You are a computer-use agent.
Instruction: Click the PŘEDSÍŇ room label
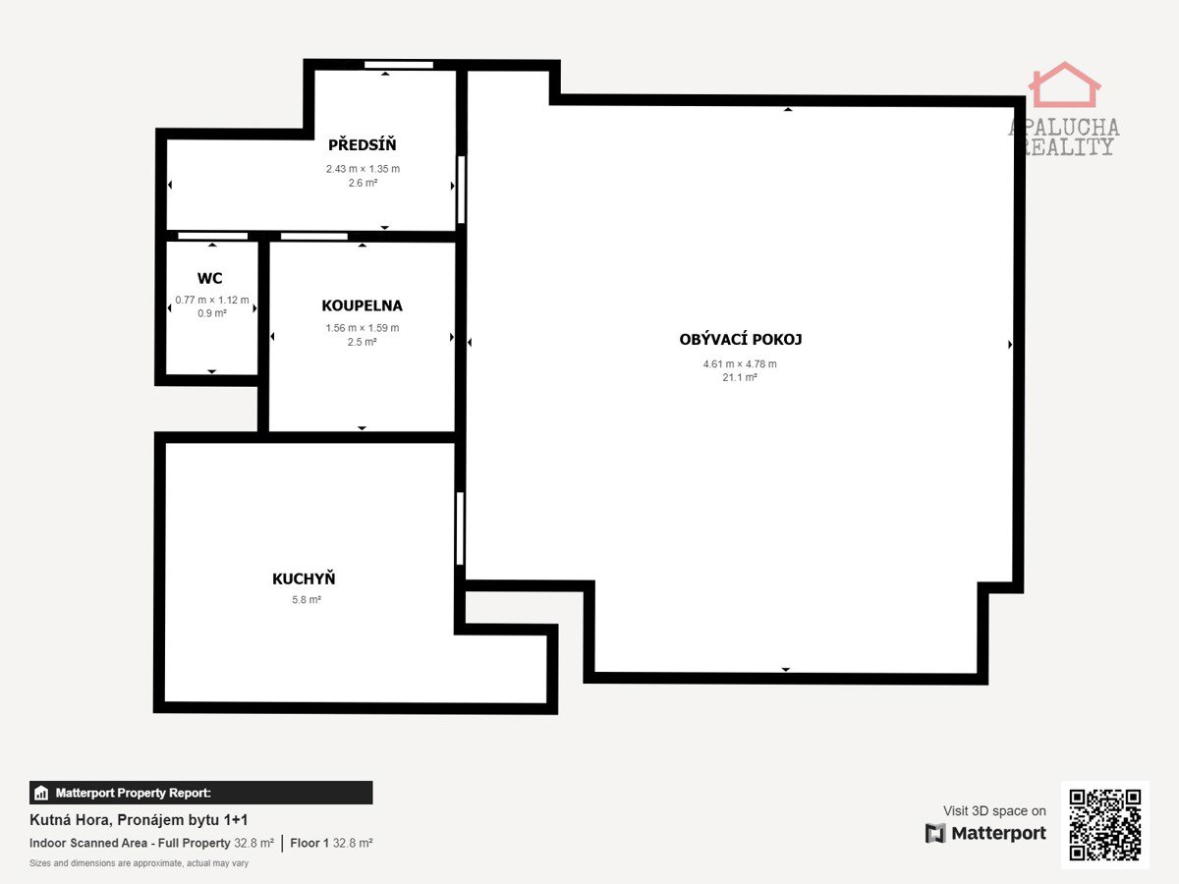[362, 144]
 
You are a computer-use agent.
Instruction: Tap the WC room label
[209, 278]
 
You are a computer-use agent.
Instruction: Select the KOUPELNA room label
[362, 305]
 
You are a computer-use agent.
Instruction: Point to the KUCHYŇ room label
[304, 579]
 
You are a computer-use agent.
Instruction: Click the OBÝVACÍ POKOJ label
[740, 339]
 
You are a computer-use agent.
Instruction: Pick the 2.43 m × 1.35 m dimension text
[363, 169]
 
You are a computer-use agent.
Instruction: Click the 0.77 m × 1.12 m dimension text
[212, 300]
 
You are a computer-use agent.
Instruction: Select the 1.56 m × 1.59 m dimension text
[362, 328]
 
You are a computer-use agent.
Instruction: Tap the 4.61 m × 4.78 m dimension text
[740, 363]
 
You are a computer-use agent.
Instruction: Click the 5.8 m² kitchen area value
[307, 599]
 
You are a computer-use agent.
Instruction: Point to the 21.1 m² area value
[740, 377]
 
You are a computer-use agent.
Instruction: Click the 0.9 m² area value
[211, 313]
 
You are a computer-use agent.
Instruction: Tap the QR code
[1105, 825]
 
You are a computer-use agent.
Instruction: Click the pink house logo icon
[1064, 84]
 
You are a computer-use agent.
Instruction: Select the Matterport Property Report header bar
[200, 793]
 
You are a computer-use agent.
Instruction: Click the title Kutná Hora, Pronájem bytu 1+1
[139, 820]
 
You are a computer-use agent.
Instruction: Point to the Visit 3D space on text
[994, 811]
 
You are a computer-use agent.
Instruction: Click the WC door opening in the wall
[212, 236]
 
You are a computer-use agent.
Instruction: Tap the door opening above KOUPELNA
[314, 236]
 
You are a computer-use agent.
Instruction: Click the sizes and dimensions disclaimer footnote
[139, 863]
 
